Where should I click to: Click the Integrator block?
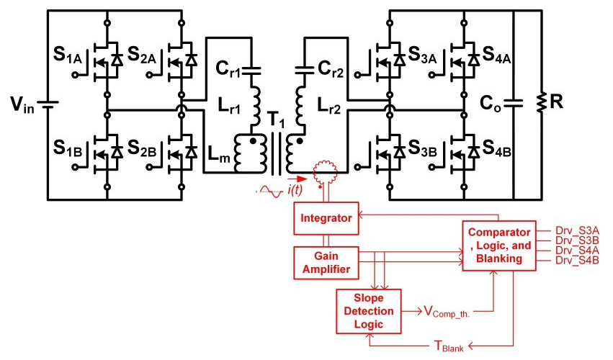(326, 217)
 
